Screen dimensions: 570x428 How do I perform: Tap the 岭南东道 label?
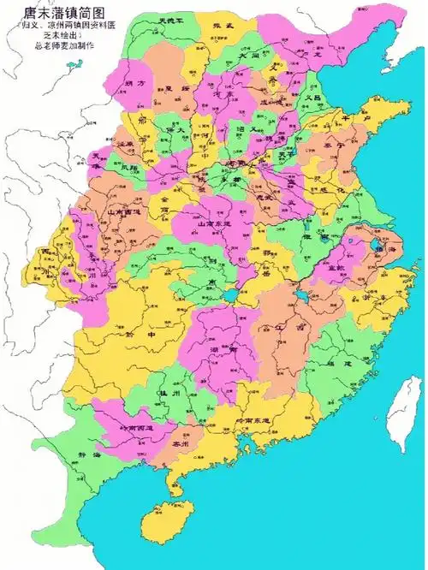tap(253, 422)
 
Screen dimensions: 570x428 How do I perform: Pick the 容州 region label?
tap(179, 444)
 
